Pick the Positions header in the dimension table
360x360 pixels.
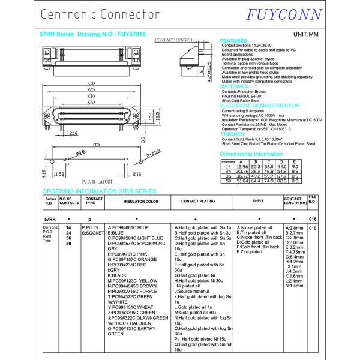[x=228, y=161]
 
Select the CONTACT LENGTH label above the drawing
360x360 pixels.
[x=173, y=40]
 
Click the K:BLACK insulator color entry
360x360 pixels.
[x=118, y=275]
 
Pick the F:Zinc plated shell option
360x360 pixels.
[x=250, y=252]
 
